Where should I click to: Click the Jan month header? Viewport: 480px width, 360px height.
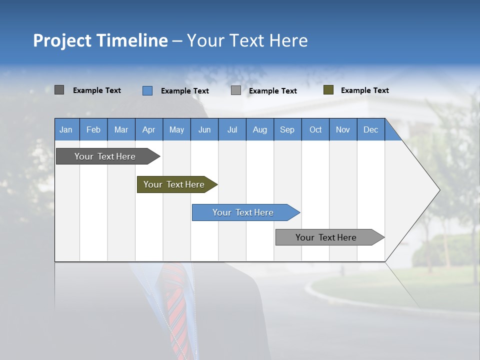pos(66,129)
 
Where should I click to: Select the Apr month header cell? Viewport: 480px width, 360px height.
pos(149,129)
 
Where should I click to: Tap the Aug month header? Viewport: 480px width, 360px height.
pos(259,129)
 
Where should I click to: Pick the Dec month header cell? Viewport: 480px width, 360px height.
pos(370,129)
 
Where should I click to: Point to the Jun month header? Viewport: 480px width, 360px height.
pos(204,129)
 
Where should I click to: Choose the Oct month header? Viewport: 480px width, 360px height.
pos(315,129)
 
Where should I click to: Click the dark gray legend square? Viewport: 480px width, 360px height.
pos(59,90)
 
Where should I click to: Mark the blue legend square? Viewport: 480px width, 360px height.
pos(147,90)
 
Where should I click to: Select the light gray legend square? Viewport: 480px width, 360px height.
pos(236,90)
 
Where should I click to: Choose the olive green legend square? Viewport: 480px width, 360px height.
pos(328,90)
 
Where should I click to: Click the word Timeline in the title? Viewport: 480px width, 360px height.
pos(132,40)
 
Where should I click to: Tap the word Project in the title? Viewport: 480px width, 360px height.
pos(62,40)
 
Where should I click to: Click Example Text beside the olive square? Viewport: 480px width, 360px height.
pos(364,90)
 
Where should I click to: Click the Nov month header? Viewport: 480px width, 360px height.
pos(343,129)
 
